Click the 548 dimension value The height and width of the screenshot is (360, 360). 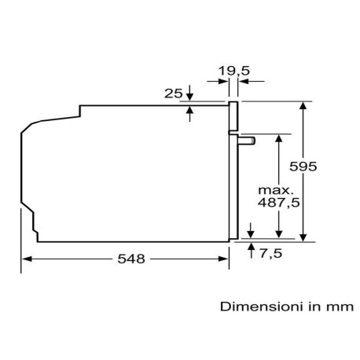[x=131, y=259]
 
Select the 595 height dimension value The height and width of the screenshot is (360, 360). [x=303, y=167]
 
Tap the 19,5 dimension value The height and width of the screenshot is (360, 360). [x=234, y=71]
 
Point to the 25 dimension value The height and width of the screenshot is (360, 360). [x=173, y=94]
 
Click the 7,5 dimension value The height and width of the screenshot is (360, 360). [x=271, y=253]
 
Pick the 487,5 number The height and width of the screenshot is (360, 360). [x=278, y=202]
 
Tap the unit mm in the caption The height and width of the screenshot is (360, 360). [x=340, y=307]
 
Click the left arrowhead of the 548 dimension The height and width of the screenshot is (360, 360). [x=26, y=259]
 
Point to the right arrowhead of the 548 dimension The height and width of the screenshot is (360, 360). [x=223, y=259]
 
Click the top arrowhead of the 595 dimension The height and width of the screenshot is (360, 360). [x=303, y=105]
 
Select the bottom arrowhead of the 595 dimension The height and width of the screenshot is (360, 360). [x=303, y=237]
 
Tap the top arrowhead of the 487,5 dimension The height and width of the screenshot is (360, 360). [x=279, y=138]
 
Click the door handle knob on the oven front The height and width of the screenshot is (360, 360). [x=247, y=141]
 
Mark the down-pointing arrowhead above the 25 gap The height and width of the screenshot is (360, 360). [x=190, y=97]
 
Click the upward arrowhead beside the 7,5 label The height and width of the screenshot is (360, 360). [x=252, y=247]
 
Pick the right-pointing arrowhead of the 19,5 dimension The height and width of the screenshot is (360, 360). [x=223, y=81]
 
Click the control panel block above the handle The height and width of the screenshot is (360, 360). [x=233, y=116]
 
